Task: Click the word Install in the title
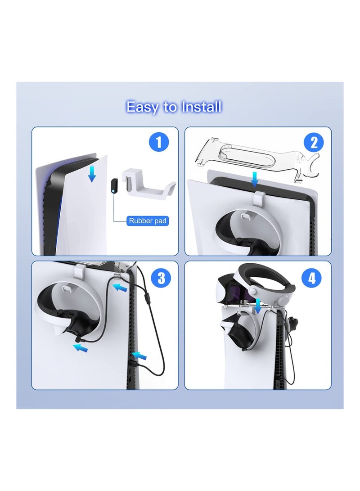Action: [201, 107]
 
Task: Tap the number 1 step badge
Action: [158, 143]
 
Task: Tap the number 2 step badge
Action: [314, 143]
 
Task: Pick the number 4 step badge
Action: [311, 278]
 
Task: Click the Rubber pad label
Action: [148, 221]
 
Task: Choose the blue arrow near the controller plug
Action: [81, 347]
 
